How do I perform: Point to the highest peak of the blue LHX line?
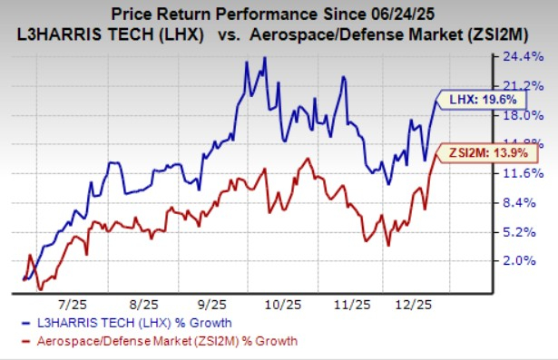coord(264,58)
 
